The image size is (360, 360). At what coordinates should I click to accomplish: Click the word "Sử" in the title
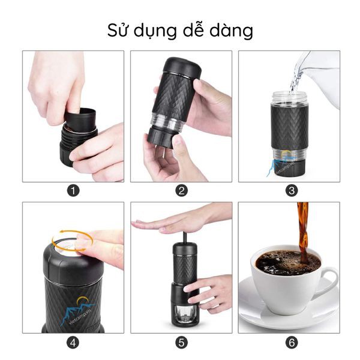[x=116, y=29]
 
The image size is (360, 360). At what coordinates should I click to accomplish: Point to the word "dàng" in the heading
[x=232, y=31]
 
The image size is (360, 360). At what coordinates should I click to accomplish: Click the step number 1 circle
[x=73, y=191]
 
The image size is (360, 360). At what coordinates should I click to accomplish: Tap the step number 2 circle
[x=181, y=191]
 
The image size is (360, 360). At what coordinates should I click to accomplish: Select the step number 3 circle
[x=292, y=191]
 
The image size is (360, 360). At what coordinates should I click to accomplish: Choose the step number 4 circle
[x=73, y=343]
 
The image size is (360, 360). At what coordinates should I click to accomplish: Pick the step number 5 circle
[x=181, y=343]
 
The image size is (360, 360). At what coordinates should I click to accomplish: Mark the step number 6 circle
[x=292, y=343]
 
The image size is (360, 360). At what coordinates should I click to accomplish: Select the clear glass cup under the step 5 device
[x=184, y=315]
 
